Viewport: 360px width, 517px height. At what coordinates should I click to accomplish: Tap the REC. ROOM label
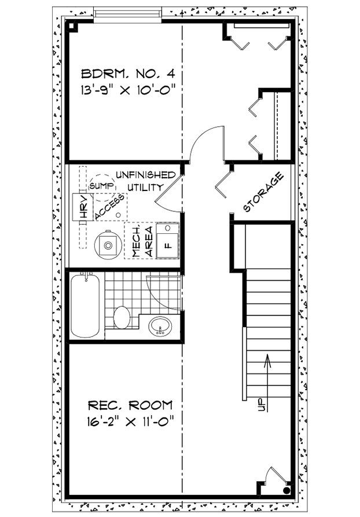tap(130, 405)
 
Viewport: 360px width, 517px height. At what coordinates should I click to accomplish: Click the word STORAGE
tap(263, 192)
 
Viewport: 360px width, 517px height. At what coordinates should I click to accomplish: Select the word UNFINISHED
tap(145, 175)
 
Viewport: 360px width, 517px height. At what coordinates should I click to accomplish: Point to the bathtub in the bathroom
tap(86, 306)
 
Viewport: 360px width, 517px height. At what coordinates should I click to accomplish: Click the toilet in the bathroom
tap(122, 317)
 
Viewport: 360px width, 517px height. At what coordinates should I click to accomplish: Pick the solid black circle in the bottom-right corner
tap(286, 490)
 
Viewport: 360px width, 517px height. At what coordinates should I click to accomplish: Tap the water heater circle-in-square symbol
tap(108, 244)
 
